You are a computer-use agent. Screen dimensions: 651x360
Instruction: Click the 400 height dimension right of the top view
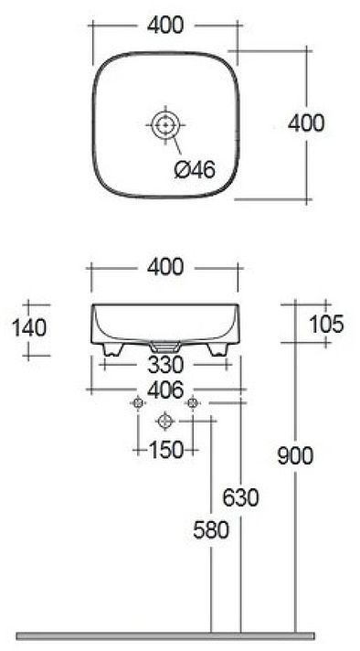point(305,122)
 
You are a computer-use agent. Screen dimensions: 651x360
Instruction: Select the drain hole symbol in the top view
point(164,124)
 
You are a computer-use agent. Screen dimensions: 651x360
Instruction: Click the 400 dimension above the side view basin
point(164,267)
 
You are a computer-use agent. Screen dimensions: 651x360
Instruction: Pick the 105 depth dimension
point(326,323)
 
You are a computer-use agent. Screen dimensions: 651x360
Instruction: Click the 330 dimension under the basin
point(164,365)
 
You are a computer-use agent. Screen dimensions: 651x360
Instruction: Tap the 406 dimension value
point(164,389)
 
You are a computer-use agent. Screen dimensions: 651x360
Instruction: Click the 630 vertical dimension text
point(241,497)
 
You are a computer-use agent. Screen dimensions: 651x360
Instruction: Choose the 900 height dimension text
point(295,454)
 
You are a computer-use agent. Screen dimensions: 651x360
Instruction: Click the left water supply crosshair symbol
point(138,403)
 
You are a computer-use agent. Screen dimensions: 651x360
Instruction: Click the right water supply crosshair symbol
point(192,403)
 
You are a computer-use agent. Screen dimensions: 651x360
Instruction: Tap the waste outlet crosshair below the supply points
point(164,422)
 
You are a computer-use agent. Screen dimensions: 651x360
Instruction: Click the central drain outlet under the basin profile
point(164,347)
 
